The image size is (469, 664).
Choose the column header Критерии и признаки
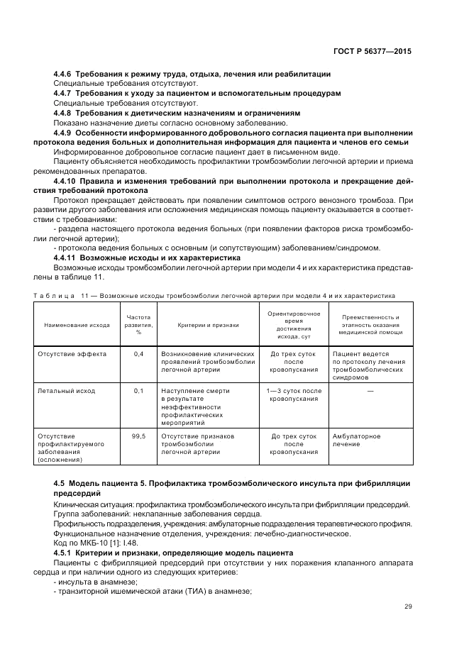coord(208,325)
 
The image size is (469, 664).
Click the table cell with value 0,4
coord(138,353)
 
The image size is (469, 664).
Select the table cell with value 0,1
coord(138,391)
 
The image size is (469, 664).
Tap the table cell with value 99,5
coord(138,436)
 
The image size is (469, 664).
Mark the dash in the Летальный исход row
coord(370,391)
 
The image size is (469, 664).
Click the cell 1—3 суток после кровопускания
coord(293,395)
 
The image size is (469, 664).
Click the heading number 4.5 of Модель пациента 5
coord(60,483)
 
